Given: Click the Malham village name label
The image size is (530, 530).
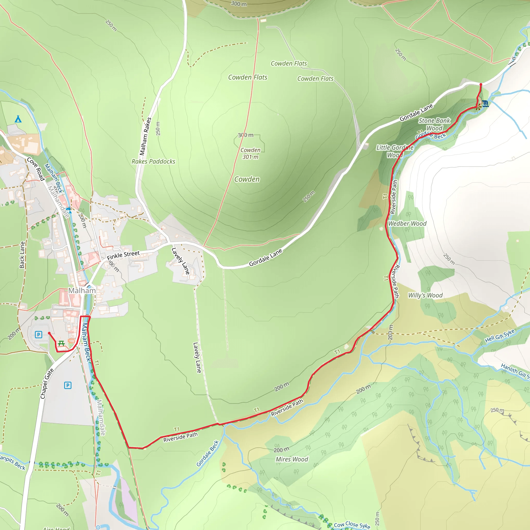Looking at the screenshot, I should [82, 291].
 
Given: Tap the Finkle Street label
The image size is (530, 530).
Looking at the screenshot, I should [123, 255].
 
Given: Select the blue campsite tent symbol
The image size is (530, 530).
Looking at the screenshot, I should [18, 119].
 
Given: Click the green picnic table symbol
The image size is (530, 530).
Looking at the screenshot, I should [61, 343].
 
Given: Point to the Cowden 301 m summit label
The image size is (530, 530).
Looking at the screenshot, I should [250, 153].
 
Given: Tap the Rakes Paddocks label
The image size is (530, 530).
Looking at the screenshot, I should [153, 161].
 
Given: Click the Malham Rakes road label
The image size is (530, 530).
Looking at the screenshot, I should [145, 136].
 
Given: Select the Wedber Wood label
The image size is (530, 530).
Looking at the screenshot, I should [407, 224].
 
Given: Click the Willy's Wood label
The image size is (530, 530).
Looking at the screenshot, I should [425, 296].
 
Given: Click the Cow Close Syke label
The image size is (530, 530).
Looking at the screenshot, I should [352, 525].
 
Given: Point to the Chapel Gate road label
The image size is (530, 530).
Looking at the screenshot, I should [47, 384].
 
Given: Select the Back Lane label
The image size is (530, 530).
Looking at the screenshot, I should [22, 255].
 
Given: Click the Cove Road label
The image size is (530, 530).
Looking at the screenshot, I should [36, 169].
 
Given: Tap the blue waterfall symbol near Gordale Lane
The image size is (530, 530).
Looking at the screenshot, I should [485, 104].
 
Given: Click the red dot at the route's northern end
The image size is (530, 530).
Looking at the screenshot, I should [481, 84].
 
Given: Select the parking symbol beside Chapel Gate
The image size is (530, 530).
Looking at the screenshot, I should [68, 385].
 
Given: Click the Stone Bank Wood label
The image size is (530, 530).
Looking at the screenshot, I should [434, 124].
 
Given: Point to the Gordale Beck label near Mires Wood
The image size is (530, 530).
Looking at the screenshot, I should [208, 453].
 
